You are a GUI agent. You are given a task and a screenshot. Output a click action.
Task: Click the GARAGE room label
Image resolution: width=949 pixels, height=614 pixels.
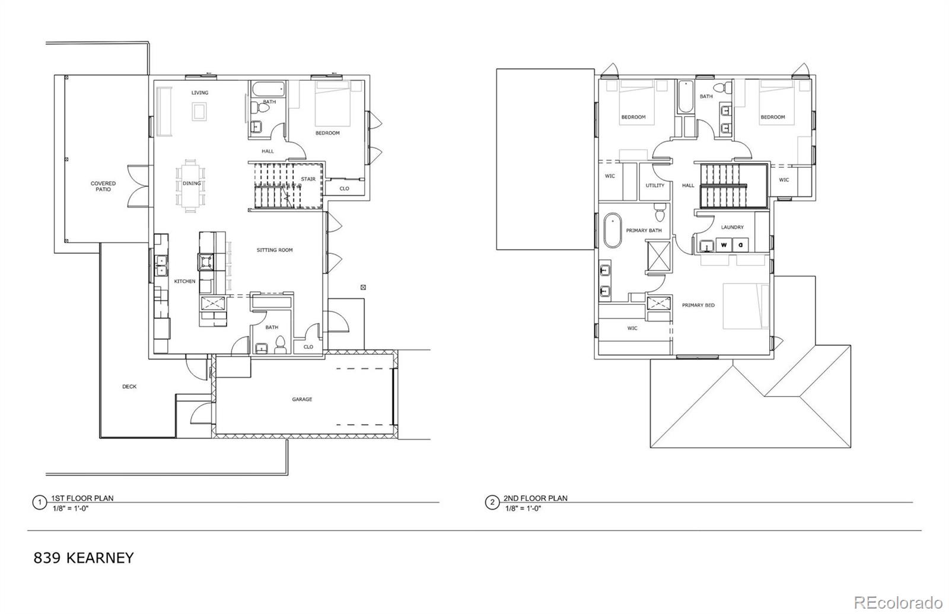pos(302,399)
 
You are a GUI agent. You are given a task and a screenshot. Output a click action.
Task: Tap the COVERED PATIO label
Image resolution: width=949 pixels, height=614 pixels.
pos(103,186)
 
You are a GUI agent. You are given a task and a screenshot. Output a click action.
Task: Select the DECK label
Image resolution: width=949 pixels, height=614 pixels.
pos(129,386)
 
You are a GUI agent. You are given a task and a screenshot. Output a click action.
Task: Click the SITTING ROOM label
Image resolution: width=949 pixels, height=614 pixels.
pos(275,250)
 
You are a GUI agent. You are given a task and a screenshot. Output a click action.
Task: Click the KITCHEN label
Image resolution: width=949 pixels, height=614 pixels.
pos(184,281)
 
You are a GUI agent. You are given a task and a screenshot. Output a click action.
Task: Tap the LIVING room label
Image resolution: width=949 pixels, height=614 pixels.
pos(199,93)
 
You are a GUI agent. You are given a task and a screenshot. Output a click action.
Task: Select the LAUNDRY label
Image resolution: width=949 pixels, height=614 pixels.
pos(732,227)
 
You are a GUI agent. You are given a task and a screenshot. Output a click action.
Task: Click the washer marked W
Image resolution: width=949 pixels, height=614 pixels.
pos(724,244)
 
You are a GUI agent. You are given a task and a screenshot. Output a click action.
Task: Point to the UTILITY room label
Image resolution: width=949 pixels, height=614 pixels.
pos(655,185)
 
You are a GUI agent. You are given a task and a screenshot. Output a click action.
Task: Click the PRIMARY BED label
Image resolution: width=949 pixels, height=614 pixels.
pos(698,305)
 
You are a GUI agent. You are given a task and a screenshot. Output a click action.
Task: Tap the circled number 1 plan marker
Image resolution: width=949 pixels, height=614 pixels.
pos(40,502)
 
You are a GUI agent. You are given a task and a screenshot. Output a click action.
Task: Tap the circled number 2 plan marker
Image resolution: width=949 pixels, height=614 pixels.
pos(492,502)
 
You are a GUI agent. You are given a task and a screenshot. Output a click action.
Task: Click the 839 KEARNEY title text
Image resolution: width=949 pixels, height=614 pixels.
pos(84,558)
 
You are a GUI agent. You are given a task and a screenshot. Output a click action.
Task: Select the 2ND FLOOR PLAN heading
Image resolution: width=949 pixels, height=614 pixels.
pos(535,498)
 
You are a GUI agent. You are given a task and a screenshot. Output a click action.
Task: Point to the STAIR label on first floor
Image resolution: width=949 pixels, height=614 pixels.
pos(308,179)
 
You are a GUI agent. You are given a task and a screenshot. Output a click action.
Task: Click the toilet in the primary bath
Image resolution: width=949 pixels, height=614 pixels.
pos(659,209)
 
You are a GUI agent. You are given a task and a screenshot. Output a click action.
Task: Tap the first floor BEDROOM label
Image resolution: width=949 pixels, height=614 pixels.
pos(327,133)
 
